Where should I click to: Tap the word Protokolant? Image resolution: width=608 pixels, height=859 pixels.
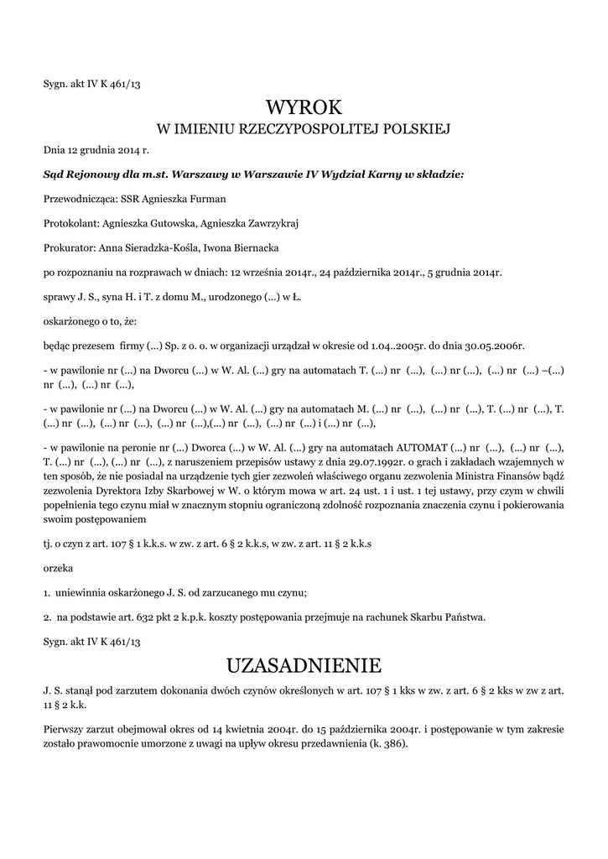(71, 223)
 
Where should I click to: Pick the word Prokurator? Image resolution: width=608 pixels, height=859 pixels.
(69, 247)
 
